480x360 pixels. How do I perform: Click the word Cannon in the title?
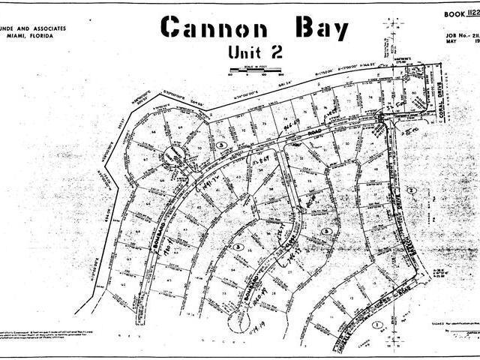tap(211, 28)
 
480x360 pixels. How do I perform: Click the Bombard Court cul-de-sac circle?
tap(173, 155)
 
